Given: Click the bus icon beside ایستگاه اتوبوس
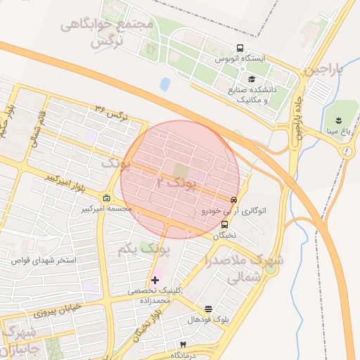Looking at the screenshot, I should coord(240,49).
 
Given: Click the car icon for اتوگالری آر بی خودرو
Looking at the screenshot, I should coord(234,199).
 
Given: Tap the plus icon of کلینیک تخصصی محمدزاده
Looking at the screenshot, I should coord(155,280).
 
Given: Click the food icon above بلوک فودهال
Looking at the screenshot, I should coord(208,309).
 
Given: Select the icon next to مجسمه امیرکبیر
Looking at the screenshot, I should coord(106,198).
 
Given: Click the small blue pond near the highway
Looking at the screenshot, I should coord(165,84).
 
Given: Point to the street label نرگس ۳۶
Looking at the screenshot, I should coord(112,112).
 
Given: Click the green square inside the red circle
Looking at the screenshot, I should coord(181,171).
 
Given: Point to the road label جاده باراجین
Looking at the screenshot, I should coord(297,120).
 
